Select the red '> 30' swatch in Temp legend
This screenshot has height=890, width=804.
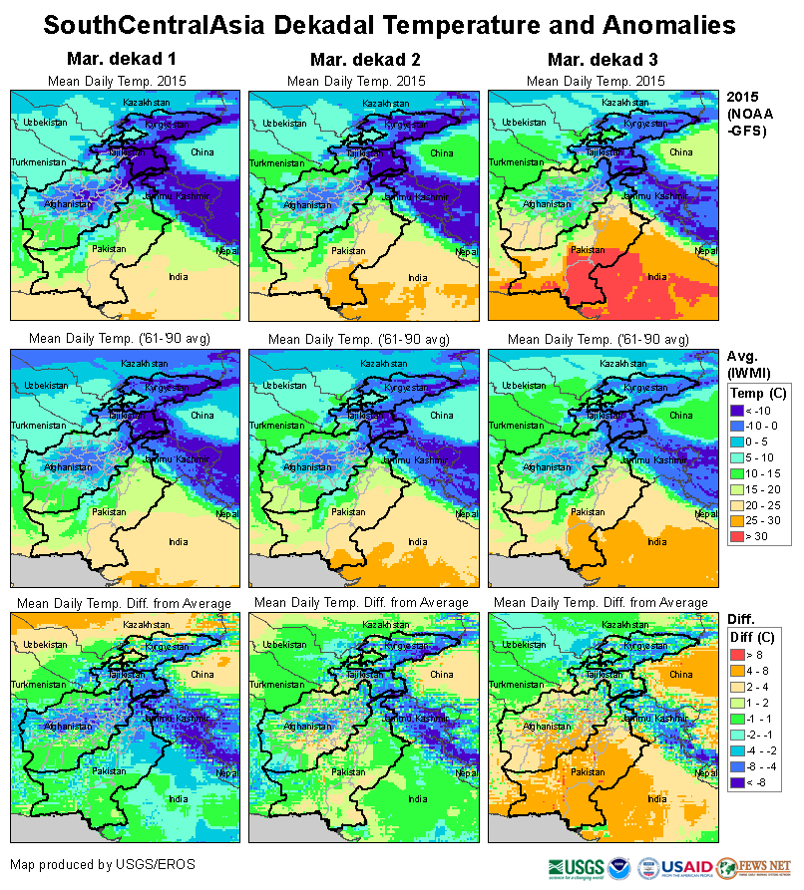point(739,536)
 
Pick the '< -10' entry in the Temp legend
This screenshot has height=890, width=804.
point(739,411)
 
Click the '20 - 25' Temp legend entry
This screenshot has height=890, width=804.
point(739,504)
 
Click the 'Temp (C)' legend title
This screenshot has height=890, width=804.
point(759,394)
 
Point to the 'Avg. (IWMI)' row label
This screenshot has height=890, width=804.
point(747,364)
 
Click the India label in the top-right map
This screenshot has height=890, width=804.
point(656,277)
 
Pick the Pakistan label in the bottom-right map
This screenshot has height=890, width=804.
point(589,772)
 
